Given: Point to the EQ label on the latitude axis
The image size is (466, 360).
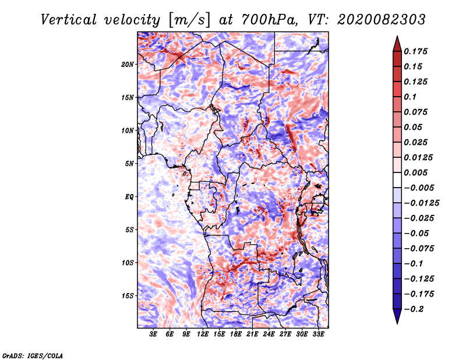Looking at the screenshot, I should [129, 197].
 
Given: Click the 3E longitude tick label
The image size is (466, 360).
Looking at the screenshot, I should [154, 334].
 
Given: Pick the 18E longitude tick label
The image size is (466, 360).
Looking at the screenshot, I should [236, 334].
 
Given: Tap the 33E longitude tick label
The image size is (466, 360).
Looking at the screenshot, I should [318, 334].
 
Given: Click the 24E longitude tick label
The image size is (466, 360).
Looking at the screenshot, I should [269, 334].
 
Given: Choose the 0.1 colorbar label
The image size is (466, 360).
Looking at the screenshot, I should [412, 97].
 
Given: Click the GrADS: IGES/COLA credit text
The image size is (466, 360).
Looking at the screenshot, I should [33, 354].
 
